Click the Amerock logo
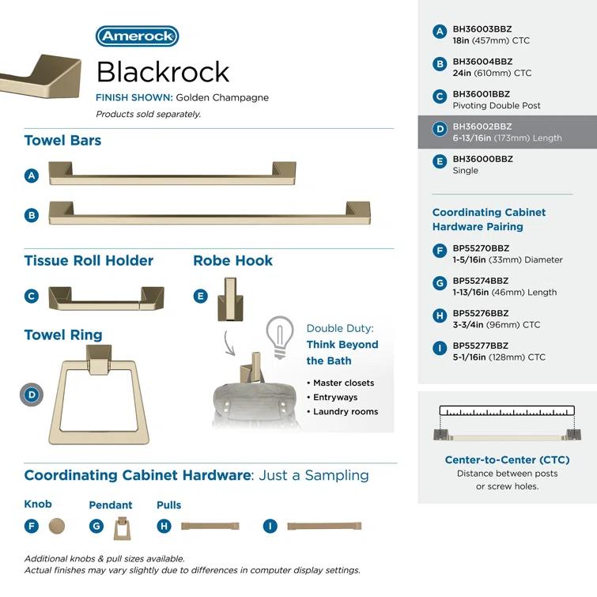pyautogui.click(x=137, y=36)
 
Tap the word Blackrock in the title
pyautogui.click(x=162, y=72)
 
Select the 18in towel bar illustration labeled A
pyautogui.click(x=172, y=174)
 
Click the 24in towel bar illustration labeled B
pyautogui.click(x=209, y=213)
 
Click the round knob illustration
pyautogui.click(x=56, y=526)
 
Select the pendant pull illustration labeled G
pyautogui.click(x=121, y=527)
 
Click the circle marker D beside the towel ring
pyautogui.click(x=32, y=395)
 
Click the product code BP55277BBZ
pyautogui.click(x=481, y=346)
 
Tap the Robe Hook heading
pyautogui.click(x=232, y=261)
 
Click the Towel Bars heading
pyautogui.click(x=62, y=141)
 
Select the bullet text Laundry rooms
pyautogui.click(x=346, y=411)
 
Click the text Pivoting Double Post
pyautogui.click(x=497, y=105)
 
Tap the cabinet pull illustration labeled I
pyautogui.click(x=323, y=526)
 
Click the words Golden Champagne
pyautogui.click(x=222, y=98)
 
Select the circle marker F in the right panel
pyautogui.click(x=440, y=252)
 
